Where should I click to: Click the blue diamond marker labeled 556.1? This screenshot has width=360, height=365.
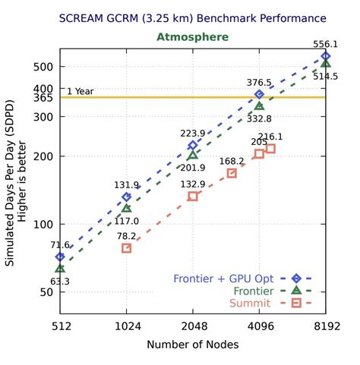point(326,56)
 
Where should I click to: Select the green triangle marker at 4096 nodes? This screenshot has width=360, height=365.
point(260,106)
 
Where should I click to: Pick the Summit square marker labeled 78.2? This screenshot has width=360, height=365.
point(127,248)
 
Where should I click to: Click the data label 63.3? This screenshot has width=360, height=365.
point(60,282)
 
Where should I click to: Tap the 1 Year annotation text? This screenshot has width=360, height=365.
point(80,91)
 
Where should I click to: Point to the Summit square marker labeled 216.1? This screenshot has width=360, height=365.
point(270,149)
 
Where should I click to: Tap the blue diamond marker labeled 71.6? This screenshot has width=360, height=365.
point(60,257)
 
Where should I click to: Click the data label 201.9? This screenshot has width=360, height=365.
point(192,168)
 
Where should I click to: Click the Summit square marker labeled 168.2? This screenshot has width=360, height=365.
point(232,174)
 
